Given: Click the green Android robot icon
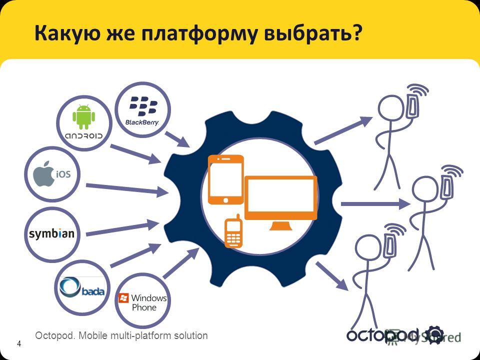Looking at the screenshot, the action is coord(83,116).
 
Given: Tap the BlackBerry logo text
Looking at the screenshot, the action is coord(142,122).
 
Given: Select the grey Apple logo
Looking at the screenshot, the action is coord(44,173).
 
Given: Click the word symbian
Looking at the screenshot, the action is coord(51,234).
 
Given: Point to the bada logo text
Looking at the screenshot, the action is coord(93,291).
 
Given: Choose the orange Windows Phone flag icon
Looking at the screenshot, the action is coord(123,298).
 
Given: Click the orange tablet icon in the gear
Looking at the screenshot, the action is coord(226,179).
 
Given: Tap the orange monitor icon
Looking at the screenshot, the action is coord(281,202).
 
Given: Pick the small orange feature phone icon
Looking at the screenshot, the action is coord(234,231).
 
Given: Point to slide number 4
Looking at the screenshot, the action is coord(19,343).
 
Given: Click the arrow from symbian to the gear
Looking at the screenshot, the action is coord(122,228).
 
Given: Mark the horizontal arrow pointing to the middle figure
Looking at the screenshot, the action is coord(375,204).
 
